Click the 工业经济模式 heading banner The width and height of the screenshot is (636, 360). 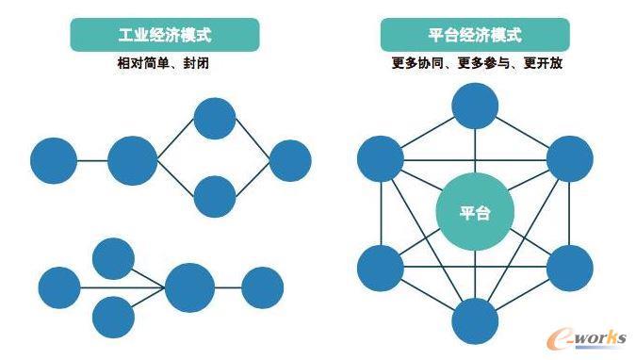[165, 35]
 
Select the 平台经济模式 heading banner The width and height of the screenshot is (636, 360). [475, 35]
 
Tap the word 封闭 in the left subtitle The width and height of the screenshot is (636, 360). [196, 63]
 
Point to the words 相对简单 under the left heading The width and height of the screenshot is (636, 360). [143, 63]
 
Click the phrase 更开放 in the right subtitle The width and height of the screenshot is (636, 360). [543, 63]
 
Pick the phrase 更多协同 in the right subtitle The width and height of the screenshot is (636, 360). [417, 63]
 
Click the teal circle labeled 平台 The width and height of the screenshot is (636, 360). [475, 212]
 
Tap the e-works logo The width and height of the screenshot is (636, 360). [587, 337]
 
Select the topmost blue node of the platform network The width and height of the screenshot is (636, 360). [475, 106]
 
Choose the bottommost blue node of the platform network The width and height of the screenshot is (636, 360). [475, 321]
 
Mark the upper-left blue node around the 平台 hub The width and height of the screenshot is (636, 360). [381, 158]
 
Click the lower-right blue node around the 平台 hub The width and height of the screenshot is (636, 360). [570, 269]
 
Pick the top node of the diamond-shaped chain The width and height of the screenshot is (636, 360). [215, 119]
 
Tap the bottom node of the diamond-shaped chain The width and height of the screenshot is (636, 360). [215, 196]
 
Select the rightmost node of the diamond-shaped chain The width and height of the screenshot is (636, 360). [290, 161]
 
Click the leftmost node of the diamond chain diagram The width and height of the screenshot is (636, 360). [54, 161]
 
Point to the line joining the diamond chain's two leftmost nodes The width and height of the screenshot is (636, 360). [92, 161]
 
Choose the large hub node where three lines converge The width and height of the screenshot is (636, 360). [189, 287]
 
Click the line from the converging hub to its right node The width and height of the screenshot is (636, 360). [228, 287]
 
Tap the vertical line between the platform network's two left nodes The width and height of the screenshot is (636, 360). [382, 214]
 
